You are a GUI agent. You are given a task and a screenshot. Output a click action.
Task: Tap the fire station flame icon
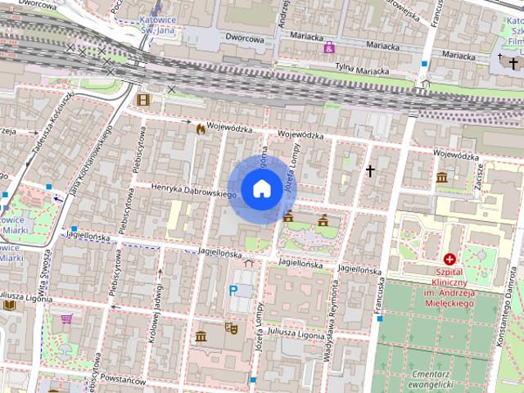(x=201, y=129)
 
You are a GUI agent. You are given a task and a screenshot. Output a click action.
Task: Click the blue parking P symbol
(x=234, y=290)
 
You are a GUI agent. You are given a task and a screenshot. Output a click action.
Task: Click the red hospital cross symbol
(x=449, y=259)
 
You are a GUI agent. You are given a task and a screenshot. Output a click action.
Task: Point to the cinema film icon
(x=144, y=100)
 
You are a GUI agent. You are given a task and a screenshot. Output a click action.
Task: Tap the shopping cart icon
(x=66, y=318)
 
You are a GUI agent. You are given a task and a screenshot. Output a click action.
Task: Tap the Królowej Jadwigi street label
(x=151, y=316)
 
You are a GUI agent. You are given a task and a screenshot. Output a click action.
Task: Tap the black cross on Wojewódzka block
(x=370, y=171)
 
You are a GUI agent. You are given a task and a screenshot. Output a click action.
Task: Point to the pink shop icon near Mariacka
(x=329, y=48)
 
